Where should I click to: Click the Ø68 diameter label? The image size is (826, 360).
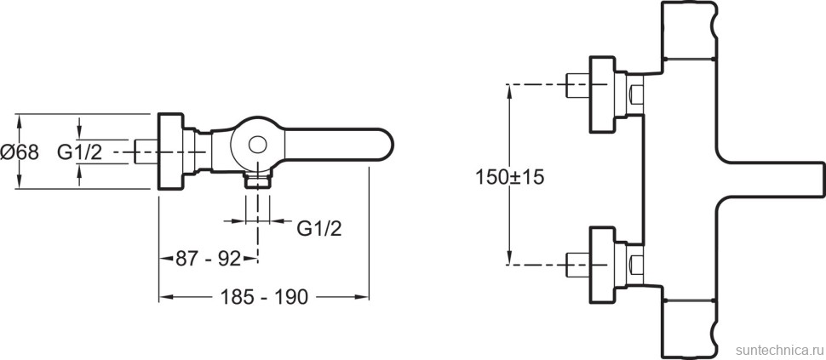point(20,151)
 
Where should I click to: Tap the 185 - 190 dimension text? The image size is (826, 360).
point(265,298)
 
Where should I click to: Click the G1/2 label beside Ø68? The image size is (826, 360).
point(80,152)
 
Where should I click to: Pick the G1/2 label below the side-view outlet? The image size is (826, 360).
point(320,227)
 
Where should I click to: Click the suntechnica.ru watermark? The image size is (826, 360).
point(777,351)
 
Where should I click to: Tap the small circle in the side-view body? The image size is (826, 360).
point(256,145)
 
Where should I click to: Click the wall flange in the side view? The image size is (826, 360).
point(171,151)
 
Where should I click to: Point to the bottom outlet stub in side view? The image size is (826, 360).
point(256,180)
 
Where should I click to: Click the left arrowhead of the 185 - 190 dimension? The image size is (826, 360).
point(164,297)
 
